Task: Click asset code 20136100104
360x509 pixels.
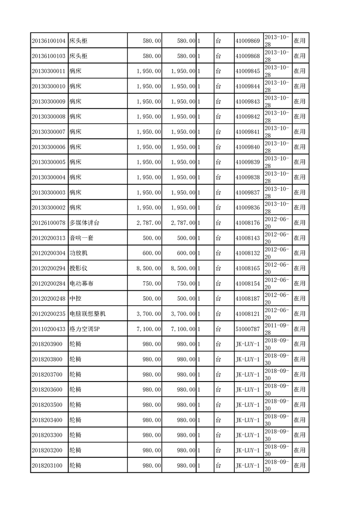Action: click(49, 41)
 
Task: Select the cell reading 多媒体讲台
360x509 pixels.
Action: click(84, 223)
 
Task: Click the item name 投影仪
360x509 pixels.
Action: click(78, 269)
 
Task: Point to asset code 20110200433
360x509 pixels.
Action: click(49, 329)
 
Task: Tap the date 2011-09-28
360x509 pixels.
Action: click(276, 329)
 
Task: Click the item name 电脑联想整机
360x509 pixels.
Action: click(88, 314)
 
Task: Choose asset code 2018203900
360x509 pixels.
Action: click(47, 344)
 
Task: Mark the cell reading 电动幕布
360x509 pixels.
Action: click(81, 284)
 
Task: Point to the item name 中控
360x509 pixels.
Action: click(75, 299)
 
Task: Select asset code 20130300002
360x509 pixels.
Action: click(49, 208)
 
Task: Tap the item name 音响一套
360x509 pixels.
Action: click(81, 238)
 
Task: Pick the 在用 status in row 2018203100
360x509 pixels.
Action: click(300, 465)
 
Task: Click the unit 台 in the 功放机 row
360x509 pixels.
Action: click(218, 253)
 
